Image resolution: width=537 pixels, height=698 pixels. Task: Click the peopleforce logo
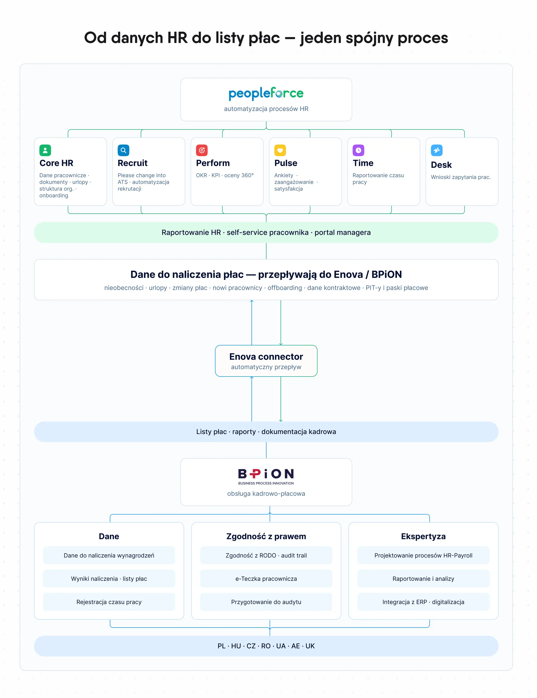[266, 93]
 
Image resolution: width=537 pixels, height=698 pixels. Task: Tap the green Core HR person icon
[45, 150]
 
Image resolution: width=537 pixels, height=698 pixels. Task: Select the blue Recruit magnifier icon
[123, 150]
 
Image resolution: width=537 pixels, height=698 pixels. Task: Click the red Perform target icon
[202, 150]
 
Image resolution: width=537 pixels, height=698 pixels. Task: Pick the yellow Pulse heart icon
[280, 150]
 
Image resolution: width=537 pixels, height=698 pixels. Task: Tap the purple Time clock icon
[358, 150]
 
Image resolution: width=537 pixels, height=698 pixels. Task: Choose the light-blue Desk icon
[437, 150]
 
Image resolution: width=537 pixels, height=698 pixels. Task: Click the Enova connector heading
[266, 357]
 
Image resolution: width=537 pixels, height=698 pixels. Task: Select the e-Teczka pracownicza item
[266, 579]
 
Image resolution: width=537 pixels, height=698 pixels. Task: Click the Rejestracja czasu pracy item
[109, 602]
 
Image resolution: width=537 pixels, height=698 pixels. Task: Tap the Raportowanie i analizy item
[423, 579]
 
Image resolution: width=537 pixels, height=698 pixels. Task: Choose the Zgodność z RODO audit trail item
[266, 555]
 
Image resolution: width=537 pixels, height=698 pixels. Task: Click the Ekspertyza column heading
[423, 536]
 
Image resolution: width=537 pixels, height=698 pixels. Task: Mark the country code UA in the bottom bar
[281, 646]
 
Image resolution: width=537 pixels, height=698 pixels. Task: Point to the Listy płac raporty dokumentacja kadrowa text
[266, 432]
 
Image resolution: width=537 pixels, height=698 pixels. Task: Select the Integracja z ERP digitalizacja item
[423, 602]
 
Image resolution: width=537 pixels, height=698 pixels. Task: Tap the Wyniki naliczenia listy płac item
[109, 579]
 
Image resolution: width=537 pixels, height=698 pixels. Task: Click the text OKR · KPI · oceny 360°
[225, 175]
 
